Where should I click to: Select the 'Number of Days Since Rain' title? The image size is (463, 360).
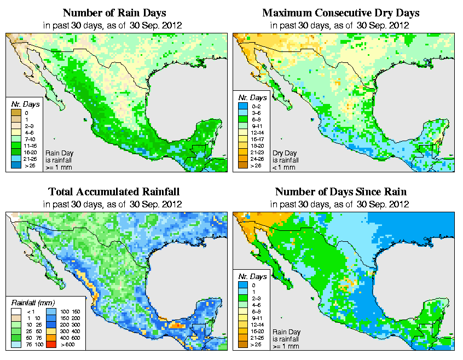pyautogui.click(x=340, y=192)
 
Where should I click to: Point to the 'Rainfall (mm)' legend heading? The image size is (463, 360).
pyautogui.click(x=33, y=302)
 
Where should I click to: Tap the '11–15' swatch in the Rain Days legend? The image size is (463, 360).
pyautogui.click(x=16, y=145)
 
